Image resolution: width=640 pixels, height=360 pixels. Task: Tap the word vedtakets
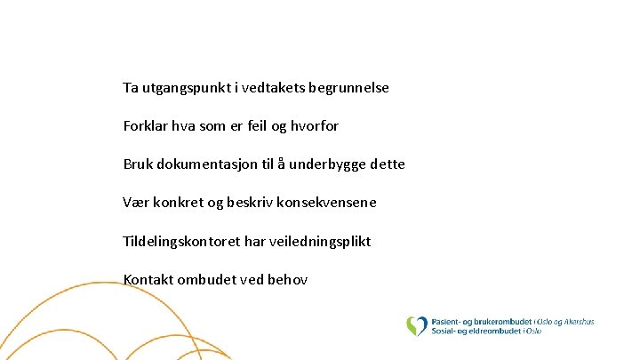click(268, 89)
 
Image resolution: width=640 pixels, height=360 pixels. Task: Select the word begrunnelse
click(348, 89)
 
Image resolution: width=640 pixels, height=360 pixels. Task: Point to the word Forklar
click(145, 126)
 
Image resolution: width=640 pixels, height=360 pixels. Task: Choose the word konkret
click(181, 203)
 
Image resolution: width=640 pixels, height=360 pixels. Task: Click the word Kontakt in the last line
click(148, 280)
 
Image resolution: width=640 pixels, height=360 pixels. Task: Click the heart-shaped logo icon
click(416, 325)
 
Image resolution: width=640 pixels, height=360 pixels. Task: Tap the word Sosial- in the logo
click(447, 331)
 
